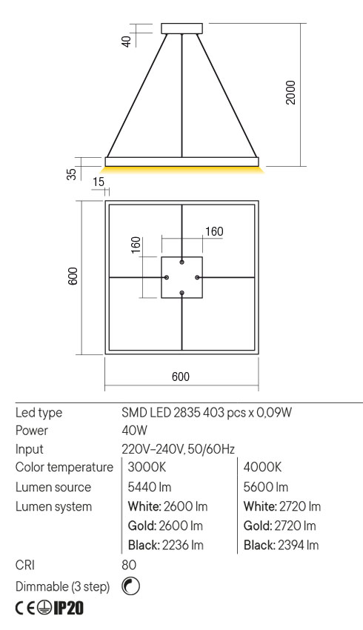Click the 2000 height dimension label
pos(291,92)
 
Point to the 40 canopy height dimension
pos(127,40)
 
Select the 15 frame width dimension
pos(99,182)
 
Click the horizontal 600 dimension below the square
pos(181,377)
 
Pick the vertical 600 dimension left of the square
pos(73,277)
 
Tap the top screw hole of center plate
pos(181,262)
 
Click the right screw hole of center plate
pos(198,277)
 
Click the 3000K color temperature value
pos(147,468)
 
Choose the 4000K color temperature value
pos(263,468)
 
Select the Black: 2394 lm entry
pos(282,546)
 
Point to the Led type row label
pos(39,411)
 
